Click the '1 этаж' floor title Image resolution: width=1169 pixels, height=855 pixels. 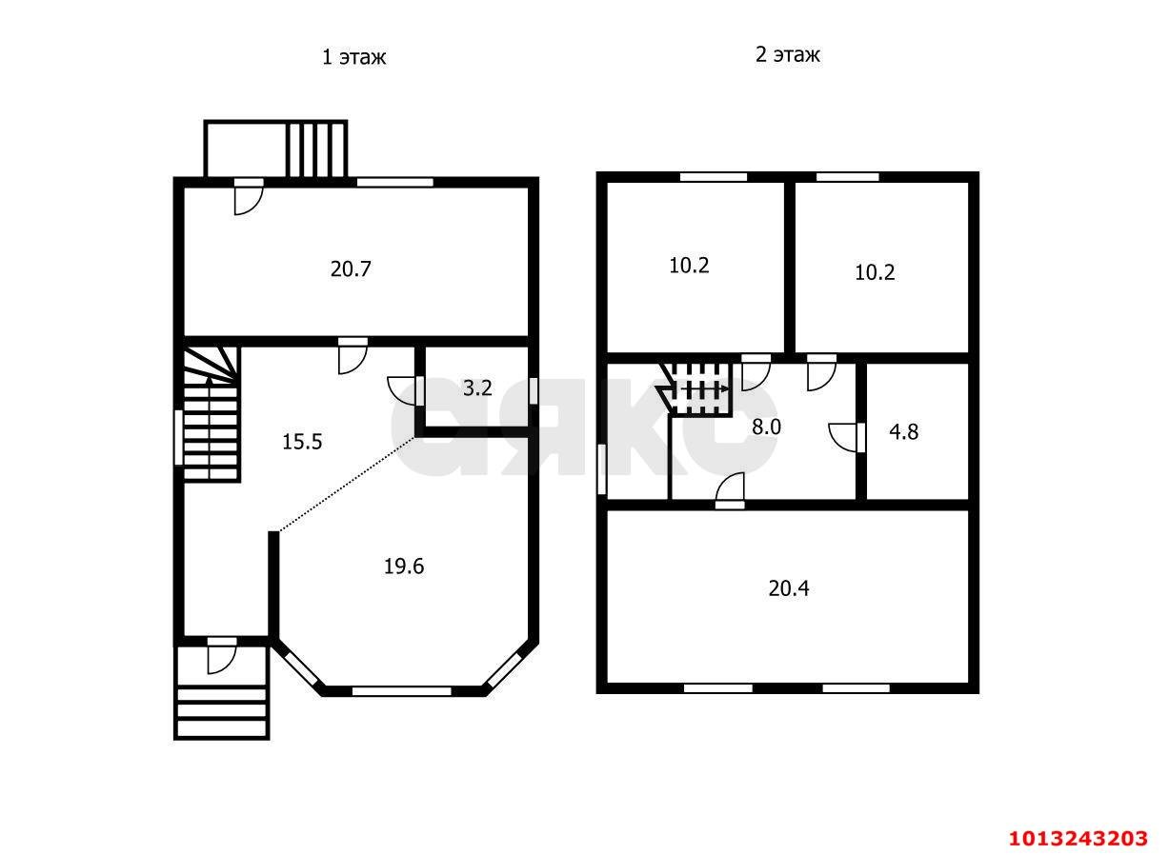[353, 57]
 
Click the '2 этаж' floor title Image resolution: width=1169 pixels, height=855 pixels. [788, 55]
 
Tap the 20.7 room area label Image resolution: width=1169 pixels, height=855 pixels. [351, 269]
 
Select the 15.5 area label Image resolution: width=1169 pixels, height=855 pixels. [302, 442]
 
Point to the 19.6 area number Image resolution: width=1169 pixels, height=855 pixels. [404, 567]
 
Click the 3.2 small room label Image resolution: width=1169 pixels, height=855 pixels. [477, 388]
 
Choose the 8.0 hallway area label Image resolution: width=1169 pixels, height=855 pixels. [766, 427]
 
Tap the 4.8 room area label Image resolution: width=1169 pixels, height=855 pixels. [904, 432]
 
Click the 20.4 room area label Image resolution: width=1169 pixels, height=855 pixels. [789, 589]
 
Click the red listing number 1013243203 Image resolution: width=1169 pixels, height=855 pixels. [1078, 839]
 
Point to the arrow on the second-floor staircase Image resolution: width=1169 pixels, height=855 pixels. [704, 389]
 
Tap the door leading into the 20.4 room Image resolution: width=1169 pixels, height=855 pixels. [730, 491]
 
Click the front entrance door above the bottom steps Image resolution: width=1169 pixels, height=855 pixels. [221, 656]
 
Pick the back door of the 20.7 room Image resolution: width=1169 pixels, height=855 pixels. [249, 197]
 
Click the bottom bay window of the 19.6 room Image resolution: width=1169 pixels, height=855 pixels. [401, 691]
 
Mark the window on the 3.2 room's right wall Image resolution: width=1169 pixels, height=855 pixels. [533, 390]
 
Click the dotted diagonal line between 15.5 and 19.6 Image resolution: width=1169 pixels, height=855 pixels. [347, 485]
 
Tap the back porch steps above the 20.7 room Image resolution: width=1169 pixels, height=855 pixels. [316, 149]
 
